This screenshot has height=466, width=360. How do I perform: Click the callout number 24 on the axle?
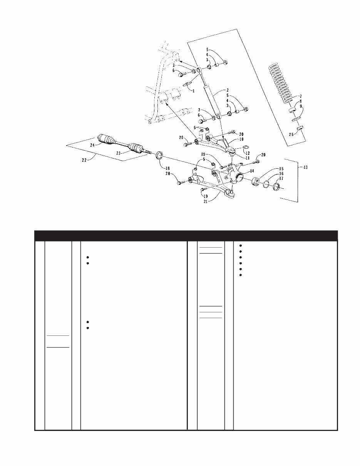point(92,146)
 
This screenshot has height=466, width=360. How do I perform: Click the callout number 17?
point(281,178)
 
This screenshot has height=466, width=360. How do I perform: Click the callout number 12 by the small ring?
point(248,153)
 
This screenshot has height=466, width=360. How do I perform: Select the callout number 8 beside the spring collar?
point(301,102)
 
